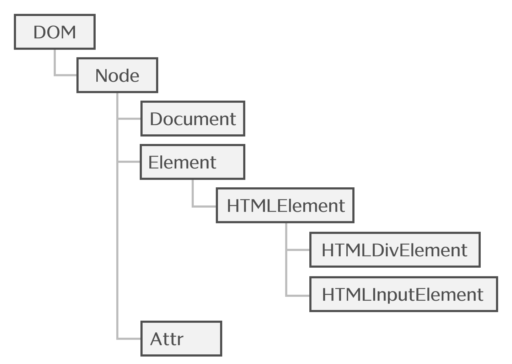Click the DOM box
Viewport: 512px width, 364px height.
pos(55,32)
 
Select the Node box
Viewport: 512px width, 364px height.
pos(117,75)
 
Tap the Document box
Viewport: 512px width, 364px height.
pos(193,119)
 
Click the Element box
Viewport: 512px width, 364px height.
pos(192,162)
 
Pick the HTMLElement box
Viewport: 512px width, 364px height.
pos(285,205)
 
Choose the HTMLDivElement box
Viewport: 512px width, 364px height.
pos(395,250)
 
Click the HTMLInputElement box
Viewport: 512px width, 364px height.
pos(403,294)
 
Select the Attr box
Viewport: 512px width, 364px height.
pos(181,338)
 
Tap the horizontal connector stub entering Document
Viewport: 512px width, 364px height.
pos(129,119)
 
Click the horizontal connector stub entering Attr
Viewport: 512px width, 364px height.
pos(129,338)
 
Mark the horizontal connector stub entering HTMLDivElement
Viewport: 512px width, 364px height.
pos(298,250)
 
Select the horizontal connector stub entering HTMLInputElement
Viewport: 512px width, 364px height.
pos(298,295)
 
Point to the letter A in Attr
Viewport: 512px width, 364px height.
pos(156,339)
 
